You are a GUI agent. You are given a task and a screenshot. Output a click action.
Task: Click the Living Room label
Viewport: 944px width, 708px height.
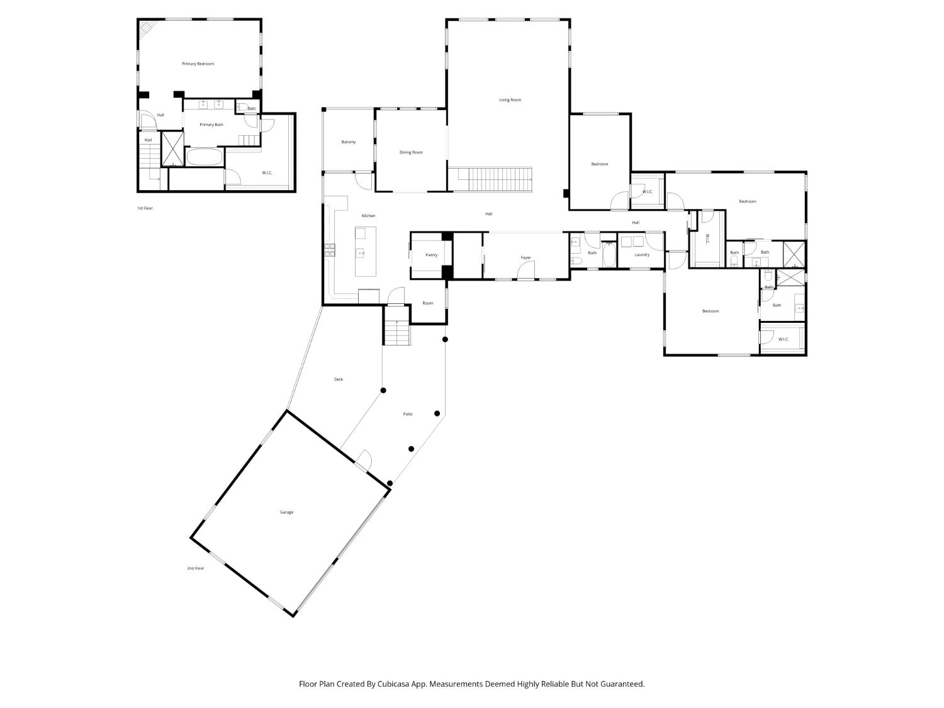(x=510, y=100)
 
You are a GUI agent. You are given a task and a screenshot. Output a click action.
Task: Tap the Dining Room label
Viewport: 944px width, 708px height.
(x=411, y=152)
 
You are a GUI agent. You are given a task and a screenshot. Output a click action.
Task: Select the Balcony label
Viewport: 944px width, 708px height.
(x=348, y=142)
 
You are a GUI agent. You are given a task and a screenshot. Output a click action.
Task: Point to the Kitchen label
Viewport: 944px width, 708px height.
(x=368, y=216)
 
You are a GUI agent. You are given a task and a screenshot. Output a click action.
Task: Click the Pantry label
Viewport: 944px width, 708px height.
(x=431, y=255)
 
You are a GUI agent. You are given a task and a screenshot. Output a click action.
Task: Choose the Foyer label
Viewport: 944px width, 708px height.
(x=525, y=257)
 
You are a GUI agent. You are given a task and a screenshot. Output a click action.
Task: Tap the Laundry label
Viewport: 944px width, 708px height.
(x=642, y=255)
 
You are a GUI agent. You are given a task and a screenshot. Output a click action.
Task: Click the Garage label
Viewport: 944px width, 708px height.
(x=286, y=512)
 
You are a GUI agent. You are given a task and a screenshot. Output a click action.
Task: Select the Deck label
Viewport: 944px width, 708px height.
(x=339, y=379)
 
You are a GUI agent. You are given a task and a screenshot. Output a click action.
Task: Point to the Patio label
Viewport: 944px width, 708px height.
(x=408, y=414)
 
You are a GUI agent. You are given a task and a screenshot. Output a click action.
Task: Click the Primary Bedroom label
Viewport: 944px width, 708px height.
(x=198, y=64)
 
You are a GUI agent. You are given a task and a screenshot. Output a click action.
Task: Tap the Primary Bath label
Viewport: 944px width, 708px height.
(x=211, y=125)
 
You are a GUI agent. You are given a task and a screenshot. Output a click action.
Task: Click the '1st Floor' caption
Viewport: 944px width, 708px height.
(x=145, y=208)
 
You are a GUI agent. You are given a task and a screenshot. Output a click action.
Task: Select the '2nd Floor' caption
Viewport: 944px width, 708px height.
(x=195, y=568)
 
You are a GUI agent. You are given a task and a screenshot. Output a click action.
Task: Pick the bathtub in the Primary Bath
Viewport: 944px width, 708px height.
(x=204, y=157)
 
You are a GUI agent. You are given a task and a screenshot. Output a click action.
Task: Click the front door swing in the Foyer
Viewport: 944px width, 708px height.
(x=525, y=271)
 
